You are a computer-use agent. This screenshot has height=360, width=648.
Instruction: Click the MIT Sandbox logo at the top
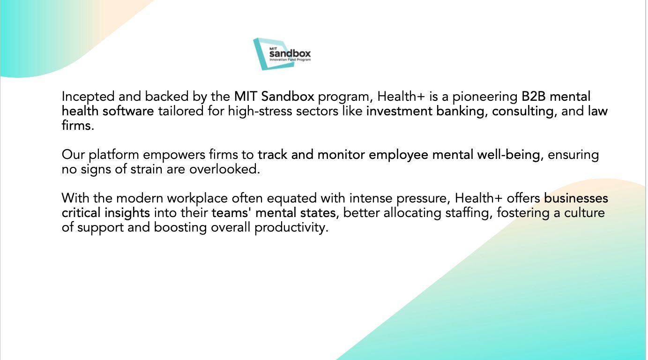coord(282,54)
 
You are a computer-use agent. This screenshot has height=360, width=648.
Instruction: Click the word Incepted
coord(88,97)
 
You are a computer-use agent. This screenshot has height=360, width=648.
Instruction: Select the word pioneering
coord(485,97)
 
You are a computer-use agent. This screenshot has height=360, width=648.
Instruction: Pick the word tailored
coord(181,111)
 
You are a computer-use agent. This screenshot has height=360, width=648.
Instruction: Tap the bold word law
coord(598,111)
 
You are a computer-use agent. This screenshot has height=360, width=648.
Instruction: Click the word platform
coord(114,155)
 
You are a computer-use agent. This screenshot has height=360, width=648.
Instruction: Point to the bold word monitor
coord(341,155)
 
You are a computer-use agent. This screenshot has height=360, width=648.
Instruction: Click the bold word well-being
coord(508,155)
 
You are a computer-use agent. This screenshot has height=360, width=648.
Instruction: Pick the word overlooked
coord(225,169)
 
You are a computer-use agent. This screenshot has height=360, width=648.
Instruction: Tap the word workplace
coord(197,199)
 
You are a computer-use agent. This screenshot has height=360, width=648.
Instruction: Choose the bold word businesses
coord(576,198)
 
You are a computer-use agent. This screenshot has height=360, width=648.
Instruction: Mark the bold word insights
coord(127,213)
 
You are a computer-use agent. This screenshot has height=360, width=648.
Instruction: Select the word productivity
coord(291,228)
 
